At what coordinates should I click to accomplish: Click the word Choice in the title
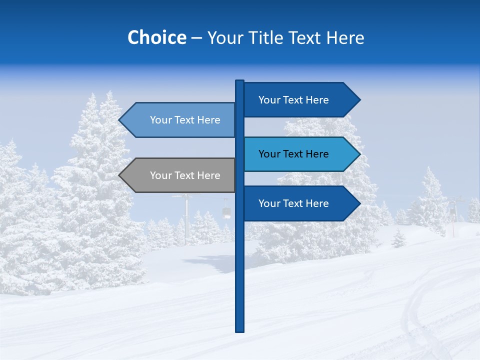tap(156, 37)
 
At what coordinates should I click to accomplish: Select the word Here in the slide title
tap(345, 37)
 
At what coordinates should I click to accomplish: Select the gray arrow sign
tap(180, 175)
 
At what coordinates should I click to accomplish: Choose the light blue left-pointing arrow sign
tap(180, 120)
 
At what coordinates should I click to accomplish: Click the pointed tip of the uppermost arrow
tap(359, 100)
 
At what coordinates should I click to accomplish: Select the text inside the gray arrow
tap(185, 175)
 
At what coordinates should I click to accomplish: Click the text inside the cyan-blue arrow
tap(293, 154)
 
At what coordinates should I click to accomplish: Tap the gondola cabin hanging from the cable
tap(227, 212)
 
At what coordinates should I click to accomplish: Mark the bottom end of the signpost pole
tap(240, 330)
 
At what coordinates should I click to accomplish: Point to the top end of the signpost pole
tap(240, 81)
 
